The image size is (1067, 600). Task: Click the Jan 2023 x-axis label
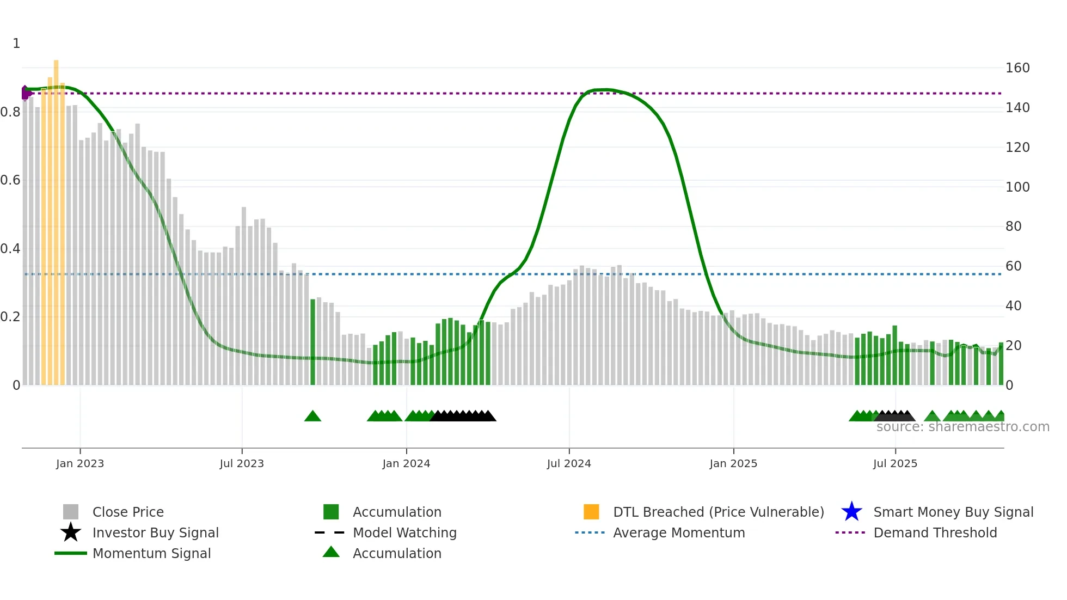[79, 463]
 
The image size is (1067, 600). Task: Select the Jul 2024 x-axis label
[569, 463]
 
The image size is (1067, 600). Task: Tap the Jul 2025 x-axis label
[895, 463]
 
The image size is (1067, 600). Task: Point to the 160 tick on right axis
[1017, 68]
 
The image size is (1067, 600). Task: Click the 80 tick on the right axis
[1013, 226]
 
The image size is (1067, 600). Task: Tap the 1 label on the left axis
[16, 44]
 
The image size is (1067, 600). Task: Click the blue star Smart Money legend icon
[851, 512]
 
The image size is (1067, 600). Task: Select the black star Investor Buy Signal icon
[71, 532]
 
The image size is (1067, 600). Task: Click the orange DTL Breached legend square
[591, 512]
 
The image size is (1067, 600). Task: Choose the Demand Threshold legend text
[935, 532]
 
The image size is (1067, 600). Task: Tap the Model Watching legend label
[404, 532]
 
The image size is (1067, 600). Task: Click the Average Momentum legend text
[679, 532]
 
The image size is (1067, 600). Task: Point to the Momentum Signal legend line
[71, 553]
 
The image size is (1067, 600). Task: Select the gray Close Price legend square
[71, 512]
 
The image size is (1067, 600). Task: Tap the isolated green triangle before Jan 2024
[312, 417]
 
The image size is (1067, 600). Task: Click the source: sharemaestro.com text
[962, 427]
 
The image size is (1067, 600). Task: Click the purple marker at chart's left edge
[25, 93]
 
